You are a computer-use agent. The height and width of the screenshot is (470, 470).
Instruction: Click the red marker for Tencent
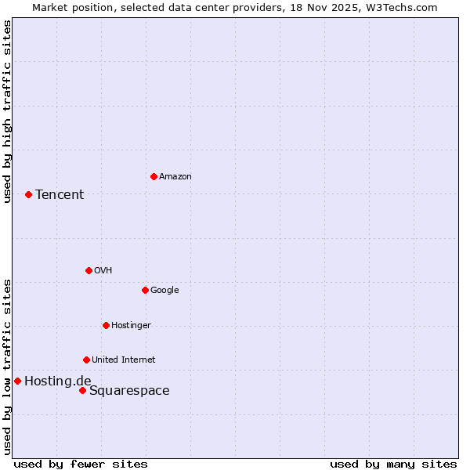tap(28, 194)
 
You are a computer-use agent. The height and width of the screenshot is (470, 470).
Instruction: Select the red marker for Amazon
tap(154, 176)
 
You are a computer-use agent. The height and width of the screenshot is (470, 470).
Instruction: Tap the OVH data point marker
tap(89, 270)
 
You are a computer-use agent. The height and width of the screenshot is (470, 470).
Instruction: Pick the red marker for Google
tap(145, 290)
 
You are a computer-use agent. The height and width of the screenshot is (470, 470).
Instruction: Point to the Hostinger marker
tap(106, 325)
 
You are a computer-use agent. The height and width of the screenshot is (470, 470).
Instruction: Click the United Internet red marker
tap(86, 360)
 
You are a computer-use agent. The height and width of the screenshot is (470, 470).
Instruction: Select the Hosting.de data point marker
tap(17, 381)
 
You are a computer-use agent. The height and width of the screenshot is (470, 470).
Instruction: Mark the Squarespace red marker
tap(82, 390)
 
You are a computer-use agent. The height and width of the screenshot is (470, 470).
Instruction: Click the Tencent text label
tap(60, 194)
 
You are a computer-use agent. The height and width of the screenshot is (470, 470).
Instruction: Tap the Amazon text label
tap(175, 176)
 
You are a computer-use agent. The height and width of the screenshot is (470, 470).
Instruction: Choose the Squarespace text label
tap(129, 391)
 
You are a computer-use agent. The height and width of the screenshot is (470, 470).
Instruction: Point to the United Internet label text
tap(124, 360)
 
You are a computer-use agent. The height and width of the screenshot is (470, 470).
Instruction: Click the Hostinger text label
tap(131, 325)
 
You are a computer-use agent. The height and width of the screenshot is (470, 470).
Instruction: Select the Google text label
tap(164, 290)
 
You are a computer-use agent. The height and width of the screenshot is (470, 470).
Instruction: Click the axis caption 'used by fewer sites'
tap(81, 464)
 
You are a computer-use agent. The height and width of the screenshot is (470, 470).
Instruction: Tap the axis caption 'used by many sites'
tap(393, 464)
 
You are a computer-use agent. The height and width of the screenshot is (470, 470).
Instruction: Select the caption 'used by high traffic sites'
tap(7, 111)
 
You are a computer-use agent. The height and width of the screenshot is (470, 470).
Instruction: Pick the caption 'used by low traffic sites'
tap(7, 366)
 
